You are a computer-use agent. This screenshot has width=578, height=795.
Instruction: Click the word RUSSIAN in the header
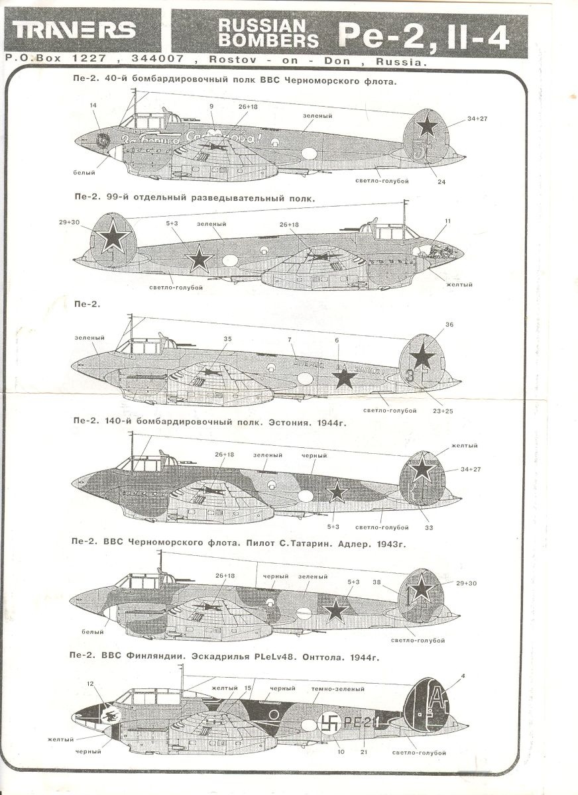point(262,25)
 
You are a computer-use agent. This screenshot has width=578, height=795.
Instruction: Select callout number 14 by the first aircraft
point(93,105)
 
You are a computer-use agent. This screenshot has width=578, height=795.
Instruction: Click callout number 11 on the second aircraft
point(447,221)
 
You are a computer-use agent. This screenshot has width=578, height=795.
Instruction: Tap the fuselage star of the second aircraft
point(199,258)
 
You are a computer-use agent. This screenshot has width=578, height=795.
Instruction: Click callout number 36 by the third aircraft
point(449,324)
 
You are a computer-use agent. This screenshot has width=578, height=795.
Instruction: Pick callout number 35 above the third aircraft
point(227,339)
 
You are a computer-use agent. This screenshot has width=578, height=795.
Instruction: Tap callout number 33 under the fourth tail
point(429,527)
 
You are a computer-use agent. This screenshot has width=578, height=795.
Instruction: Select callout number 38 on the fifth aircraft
point(376,582)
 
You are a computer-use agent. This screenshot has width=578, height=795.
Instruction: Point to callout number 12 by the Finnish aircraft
point(91,683)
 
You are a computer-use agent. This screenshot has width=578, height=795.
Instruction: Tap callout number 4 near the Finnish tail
point(463,676)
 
